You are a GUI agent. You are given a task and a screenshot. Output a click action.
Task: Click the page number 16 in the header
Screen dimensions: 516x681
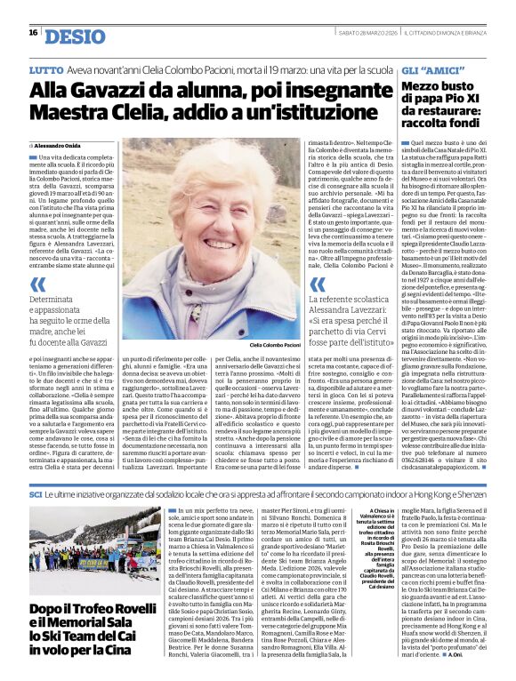click(32, 32)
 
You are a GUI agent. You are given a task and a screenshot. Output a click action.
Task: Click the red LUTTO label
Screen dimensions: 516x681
click(45, 68)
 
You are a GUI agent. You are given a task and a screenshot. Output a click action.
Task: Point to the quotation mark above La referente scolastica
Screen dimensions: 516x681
click(316, 284)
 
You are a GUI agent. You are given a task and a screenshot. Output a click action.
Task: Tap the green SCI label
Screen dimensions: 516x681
click(36, 493)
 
